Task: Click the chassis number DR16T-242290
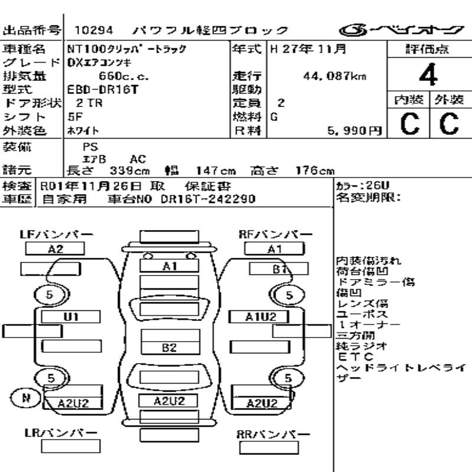(208, 199)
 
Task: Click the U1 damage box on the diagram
(70, 317)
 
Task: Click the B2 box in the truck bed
(170, 348)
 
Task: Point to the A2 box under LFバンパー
(55, 249)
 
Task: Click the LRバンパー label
(61, 432)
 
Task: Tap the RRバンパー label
(272, 434)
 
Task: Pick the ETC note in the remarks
(356, 357)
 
